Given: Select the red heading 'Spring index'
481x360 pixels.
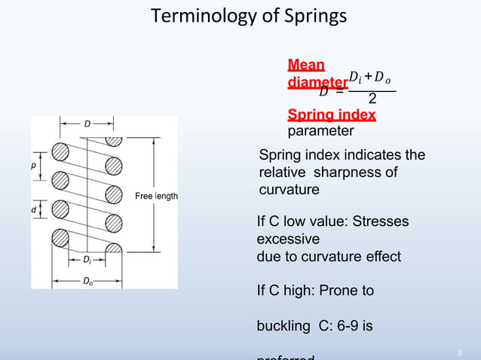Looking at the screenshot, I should pyautogui.click(x=332, y=115).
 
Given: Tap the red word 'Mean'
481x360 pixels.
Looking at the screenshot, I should pyautogui.click(x=306, y=64).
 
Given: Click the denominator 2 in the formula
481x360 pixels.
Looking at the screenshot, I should pyautogui.click(x=372, y=99).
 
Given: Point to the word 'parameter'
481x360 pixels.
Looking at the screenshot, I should pyautogui.click(x=320, y=131).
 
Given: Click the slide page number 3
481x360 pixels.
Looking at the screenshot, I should pyautogui.click(x=459, y=354).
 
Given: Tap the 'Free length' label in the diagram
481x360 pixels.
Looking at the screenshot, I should pyautogui.click(x=156, y=197).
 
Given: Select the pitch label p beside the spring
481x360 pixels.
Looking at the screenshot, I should pyautogui.click(x=35, y=163).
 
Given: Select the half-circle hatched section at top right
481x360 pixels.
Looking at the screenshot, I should pyautogui.click(x=114, y=141).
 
